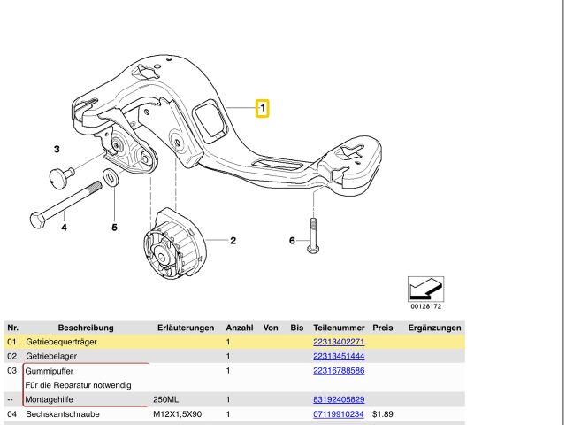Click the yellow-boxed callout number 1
tap(263, 108)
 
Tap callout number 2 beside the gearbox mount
tap(233, 241)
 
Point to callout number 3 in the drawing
tap(57, 150)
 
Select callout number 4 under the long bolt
tap(64, 228)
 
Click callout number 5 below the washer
tap(114, 228)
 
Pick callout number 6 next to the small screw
tap(292, 241)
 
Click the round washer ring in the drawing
tap(110, 177)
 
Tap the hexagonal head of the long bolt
tap(37, 220)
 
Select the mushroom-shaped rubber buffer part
tap(60, 177)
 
